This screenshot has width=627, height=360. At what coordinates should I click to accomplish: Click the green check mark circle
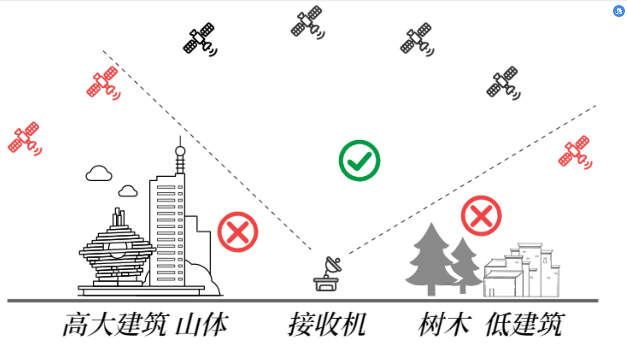359,161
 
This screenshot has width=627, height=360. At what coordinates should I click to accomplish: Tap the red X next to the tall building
238,232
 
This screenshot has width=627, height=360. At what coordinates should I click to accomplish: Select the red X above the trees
481,216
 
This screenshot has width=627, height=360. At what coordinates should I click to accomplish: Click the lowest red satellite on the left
25,138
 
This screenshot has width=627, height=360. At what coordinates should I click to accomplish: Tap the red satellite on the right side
575,152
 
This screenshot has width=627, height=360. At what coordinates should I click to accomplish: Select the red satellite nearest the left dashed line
103,83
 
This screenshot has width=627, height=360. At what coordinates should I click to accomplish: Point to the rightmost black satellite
503,82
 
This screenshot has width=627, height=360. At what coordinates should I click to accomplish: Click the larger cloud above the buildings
99,174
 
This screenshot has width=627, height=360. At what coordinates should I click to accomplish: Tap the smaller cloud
128,191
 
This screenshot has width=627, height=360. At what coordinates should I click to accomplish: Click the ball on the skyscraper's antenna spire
180,151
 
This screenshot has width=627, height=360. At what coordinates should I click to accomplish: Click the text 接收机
327,324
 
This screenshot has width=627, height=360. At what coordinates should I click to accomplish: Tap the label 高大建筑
116,324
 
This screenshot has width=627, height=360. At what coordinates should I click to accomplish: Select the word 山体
202,324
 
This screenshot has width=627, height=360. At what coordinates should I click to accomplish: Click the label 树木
444,324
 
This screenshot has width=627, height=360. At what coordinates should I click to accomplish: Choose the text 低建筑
524,324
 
